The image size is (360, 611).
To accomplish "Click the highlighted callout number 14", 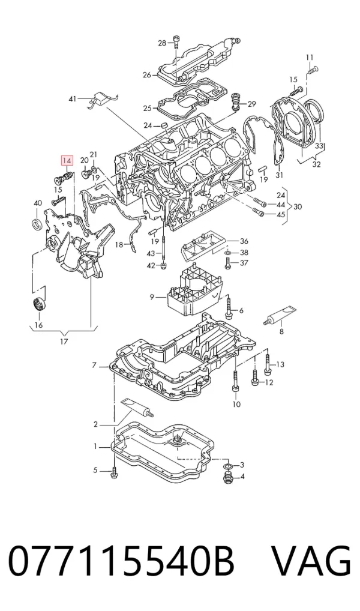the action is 67,160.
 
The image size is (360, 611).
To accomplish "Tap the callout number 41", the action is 73,100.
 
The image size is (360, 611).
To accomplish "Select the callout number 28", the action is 161,43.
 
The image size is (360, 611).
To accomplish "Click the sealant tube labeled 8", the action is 283,315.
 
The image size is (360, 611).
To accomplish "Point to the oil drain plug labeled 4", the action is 228,478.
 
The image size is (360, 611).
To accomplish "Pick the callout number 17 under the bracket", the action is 64,342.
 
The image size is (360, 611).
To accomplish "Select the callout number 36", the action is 244,241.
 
